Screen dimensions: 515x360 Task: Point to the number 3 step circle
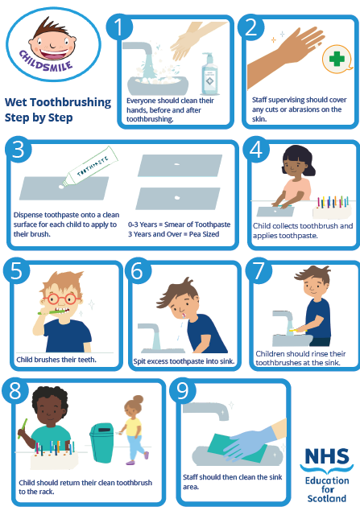[19, 150]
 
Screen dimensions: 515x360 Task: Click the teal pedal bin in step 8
[101, 443]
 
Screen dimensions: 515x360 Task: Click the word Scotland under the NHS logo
[327, 499]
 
